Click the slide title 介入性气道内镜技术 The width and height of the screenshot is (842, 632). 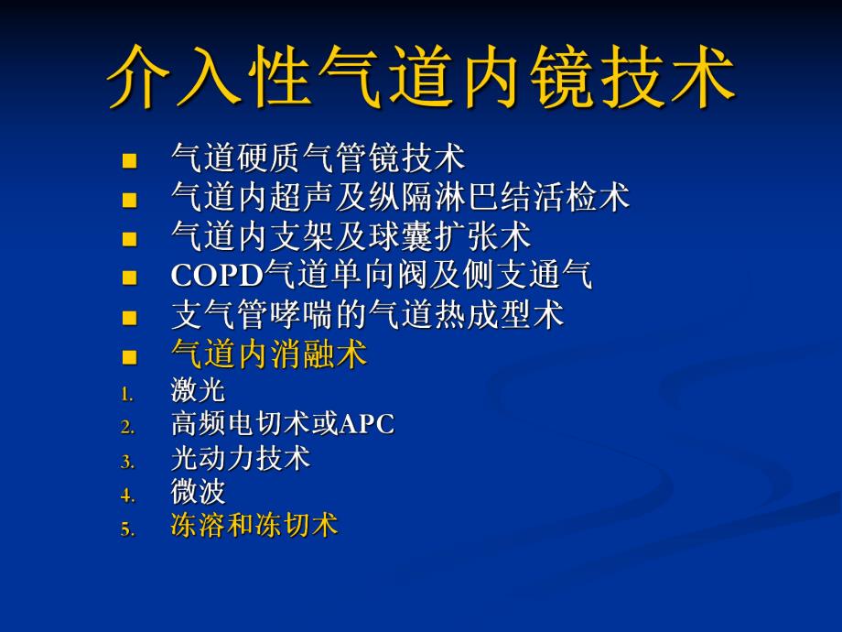421,76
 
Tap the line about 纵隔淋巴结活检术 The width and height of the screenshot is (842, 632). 400,197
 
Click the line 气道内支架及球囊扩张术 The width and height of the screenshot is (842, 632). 351,236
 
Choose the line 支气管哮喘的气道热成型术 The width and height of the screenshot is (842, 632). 367,315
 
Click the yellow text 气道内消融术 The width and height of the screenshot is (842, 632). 269,354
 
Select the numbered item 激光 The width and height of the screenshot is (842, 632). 198,391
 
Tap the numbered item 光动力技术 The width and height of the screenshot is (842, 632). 241,458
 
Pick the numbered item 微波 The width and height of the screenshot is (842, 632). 198,492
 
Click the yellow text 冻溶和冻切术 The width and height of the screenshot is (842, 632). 254,526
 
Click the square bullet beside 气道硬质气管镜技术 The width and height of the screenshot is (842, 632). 129,161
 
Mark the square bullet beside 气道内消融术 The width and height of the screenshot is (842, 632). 129,357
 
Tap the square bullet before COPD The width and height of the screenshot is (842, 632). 129,278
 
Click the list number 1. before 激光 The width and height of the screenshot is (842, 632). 127,394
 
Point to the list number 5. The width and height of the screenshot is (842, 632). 127,528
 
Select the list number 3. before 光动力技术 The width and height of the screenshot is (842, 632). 127,462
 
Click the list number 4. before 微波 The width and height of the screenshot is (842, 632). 127,496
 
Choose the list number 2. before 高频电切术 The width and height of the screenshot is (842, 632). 127,428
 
